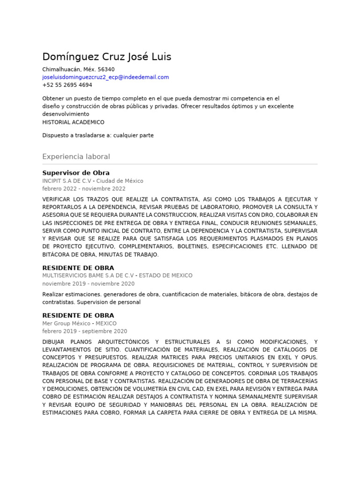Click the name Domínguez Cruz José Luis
[106, 57]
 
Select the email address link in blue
[105, 77]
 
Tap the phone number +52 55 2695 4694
[67, 85]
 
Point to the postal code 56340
[106, 69]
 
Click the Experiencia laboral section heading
[76, 157]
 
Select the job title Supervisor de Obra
[76, 173]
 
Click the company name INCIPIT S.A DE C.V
[67, 181]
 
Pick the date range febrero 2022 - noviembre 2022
[84, 189]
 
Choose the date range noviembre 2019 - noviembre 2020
[88, 284]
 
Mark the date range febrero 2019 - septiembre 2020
[84, 331]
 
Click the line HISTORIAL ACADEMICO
[73, 122]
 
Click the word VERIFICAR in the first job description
[57, 199]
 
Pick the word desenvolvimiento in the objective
[66, 114]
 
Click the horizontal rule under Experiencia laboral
[180, 164]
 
